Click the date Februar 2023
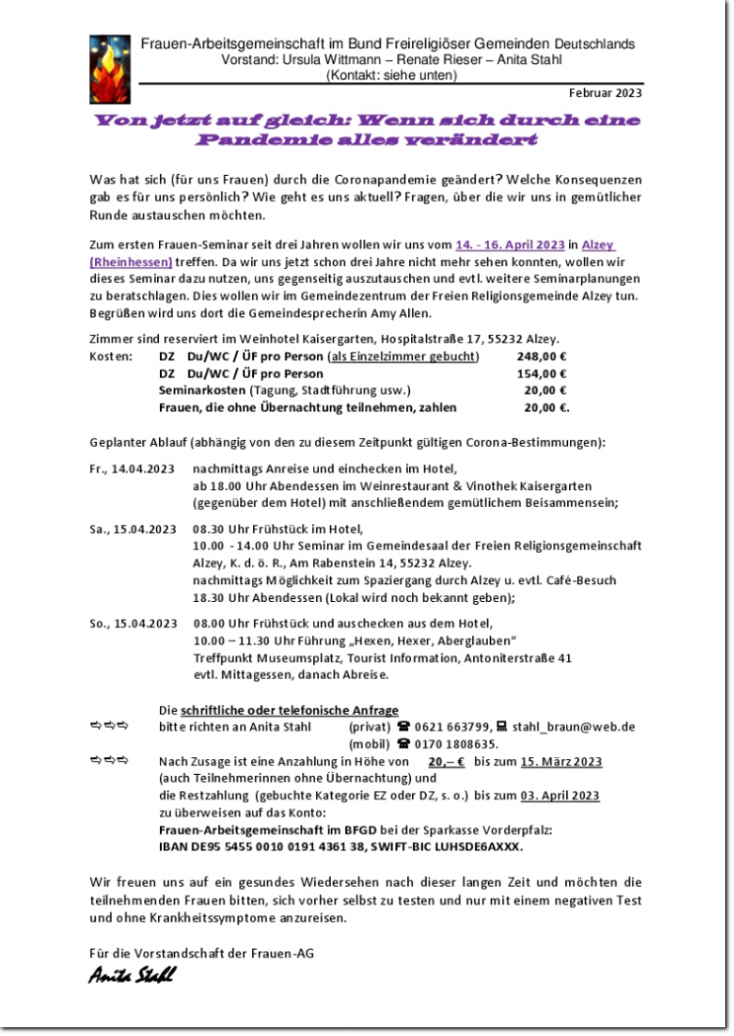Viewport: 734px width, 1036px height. (x=605, y=93)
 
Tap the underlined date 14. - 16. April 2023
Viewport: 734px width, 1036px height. (x=510, y=245)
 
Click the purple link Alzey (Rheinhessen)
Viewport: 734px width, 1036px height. (x=131, y=261)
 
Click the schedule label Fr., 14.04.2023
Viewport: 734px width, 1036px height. (x=131, y=469)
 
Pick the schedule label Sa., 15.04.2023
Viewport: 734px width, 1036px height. (x=131, y=529)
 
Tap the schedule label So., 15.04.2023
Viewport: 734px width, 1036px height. (x=132, y=623)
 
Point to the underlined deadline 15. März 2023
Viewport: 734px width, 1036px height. (x=560, y=761)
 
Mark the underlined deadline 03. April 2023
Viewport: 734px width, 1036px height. (x=559, y=795)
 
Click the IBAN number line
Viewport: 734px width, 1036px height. (x=341, y=845)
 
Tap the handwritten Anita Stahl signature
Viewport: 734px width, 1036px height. (x=131, y=974)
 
